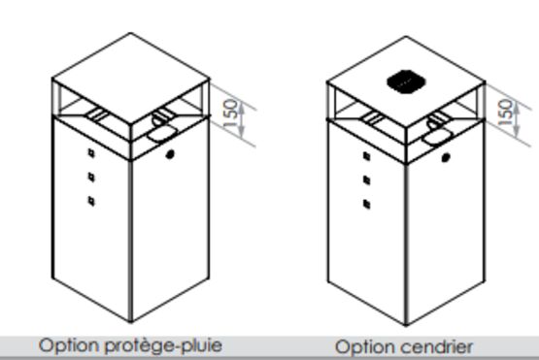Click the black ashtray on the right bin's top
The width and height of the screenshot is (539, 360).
[407, 82]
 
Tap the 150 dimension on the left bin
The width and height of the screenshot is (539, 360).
[231, 113]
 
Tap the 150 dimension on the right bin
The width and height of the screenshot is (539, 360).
[505, 113]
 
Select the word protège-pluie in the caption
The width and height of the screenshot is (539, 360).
[163, 345]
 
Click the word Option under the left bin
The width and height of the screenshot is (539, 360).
[69, 345]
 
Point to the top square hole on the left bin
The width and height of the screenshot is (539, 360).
[91, 153]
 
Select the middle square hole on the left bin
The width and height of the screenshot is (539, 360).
[91, 177]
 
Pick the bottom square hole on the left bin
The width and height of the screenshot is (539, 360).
[91, 201]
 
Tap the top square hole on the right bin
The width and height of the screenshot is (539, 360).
[367, 156]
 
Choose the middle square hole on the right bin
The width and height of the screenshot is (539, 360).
[367, 180]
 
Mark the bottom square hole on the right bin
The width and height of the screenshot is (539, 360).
[367, 204]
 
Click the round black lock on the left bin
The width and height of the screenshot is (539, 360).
[170, 154]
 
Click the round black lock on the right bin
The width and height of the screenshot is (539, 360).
[446, 157]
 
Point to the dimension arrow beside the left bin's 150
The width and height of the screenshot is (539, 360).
[242, 120]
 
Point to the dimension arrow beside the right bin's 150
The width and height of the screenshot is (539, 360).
[516, 120]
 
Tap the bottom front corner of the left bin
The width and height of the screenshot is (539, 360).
[131, 322]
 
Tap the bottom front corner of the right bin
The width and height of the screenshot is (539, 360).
[406, 325]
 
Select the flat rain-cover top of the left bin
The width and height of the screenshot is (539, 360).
[131, 79]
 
